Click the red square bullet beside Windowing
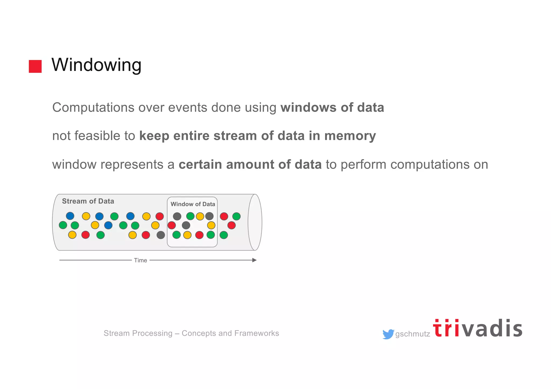point(35,66)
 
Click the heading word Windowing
point(96,65)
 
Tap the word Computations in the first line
point(93,108)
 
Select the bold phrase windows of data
point(332,108)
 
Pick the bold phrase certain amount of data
point(250,165)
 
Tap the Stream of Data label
point(88,201)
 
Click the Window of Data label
point(193,204)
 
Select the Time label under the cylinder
point(140,260)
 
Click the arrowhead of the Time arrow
point(254,260)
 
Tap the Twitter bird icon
point(388,334)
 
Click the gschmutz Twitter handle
point(412,334)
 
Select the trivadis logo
point(478,329)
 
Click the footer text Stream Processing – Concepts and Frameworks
point(191,333)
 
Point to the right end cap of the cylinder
point(255,222)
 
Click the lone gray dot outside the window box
point(161,235)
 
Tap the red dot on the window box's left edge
point(172,225)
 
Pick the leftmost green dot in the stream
point(63,225)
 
